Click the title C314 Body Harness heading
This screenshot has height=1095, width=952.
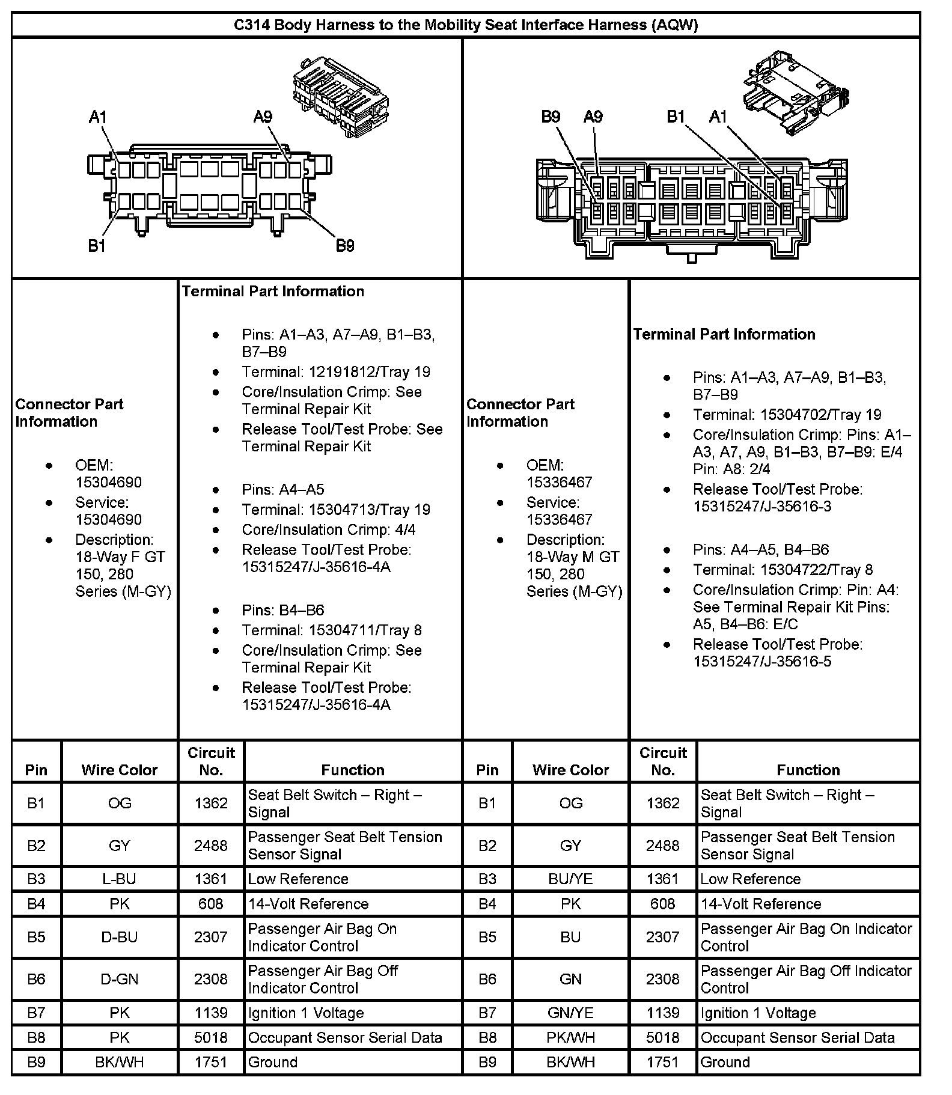[x=466, y=25]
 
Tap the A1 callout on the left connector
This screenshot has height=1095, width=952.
[x=97, y=117]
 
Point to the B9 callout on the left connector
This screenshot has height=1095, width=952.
[x=344, y=246]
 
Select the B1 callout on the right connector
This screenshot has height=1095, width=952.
[x=676, y=117]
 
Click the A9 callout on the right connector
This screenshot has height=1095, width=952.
[x=593, y=117]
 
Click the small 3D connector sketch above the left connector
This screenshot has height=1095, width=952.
[x=340, y=96]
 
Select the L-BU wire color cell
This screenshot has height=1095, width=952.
[x=120, y=879]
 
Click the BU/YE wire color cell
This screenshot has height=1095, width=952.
[x=570, y=879]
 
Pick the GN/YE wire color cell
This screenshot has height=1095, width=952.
[x=570, y=1013]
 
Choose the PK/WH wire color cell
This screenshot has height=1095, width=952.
[x=570, y=1037]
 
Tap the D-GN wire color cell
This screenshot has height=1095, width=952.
[x=120, y=979]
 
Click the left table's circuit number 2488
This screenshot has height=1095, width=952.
[x=211, y=846]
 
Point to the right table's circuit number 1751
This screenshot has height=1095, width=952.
[x=662, y=1062]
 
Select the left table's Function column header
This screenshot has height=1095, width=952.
[x=353, y=770]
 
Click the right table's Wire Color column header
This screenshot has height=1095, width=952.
[x=570, y=770]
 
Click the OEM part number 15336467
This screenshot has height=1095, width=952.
[x=559, y=482]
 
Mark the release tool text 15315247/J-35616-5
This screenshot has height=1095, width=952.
[x=762, y=661]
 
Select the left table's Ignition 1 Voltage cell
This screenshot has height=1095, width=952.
[x=306, y=1013]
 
